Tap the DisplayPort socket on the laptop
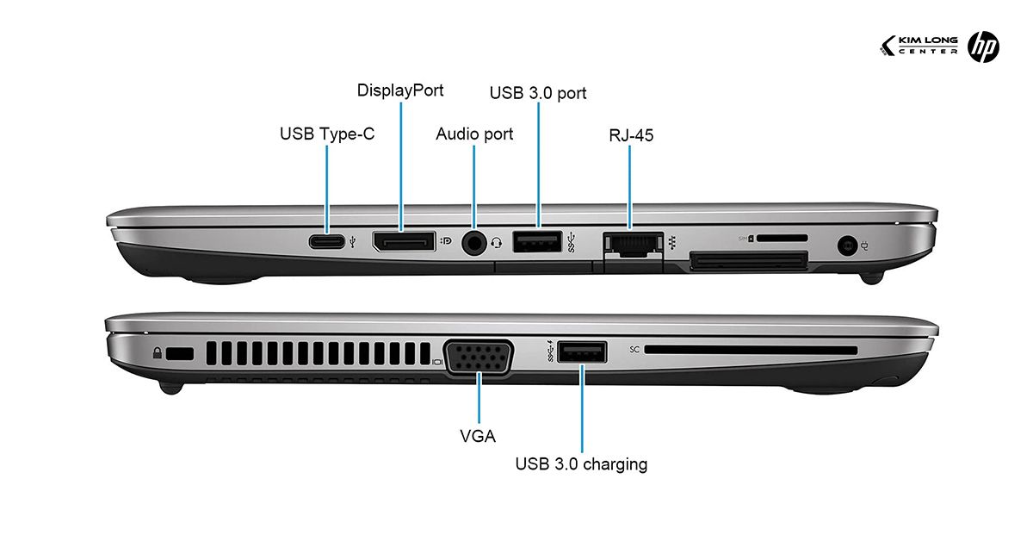pos(404,242)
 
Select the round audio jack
pos(474,243)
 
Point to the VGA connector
pos(479,358)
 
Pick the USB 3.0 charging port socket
pos(583,351)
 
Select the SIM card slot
pos(782,238)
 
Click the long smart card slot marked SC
pos(751,351)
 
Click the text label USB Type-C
pos(327,134)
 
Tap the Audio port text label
pos(474,134)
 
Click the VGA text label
pos(478,436)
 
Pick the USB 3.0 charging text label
pos(581,464)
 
